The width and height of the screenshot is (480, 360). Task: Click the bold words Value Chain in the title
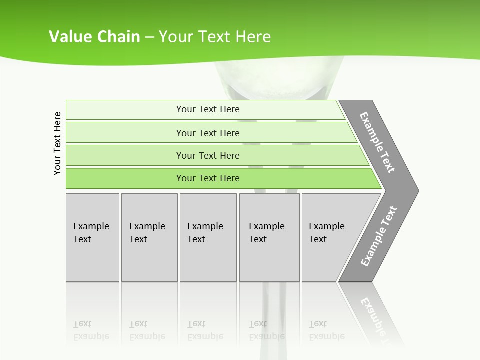pyautogui.click(x=94, y=37)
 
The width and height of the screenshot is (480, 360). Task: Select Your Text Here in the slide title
pyautogui.click(x=215, y=37)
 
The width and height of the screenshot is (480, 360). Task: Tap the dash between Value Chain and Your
pyautogui.click(x=149, y=37)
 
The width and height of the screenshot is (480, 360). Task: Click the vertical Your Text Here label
pyautogui.click(x=57, y=143)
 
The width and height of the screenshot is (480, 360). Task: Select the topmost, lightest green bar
pyautogui.click(x=208, y=109)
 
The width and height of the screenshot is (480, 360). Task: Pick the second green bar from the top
pyautogui.click(x=208, y=133)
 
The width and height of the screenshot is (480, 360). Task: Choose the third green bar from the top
pyautogui.click(x=208, y=155)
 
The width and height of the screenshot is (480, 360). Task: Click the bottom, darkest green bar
pyautogui.click(x=208, y=178)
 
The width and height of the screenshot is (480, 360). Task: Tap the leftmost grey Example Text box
pyautogui.click(x=92, y=237)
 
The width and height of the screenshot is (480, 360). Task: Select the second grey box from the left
pyautogui.click(x=149, y=237)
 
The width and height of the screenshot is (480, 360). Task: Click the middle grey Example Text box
pyautogui.click(x=208, y=237)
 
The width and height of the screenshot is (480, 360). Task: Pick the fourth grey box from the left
pyautogui.click(x=269, y=237)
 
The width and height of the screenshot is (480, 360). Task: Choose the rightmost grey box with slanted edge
pyautogui.click(x=330, y=237)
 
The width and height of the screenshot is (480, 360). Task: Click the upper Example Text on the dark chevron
pyautogui.click(x=377, y=142)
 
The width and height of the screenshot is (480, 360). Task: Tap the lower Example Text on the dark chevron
pyautogui.click(x=379, y=236)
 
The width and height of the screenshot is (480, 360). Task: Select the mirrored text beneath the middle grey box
pyautogui.click(x=205, y=330)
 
